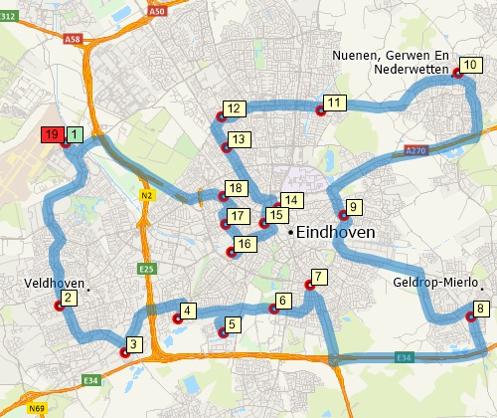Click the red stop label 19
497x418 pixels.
[x=52, y=134]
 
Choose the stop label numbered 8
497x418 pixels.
[x=481, y=309]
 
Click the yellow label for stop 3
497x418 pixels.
[x=135, y=344]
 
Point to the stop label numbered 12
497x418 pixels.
[x=235, y=108]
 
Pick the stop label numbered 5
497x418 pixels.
[x=232, y=323]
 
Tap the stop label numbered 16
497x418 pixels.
[x=244, y=244]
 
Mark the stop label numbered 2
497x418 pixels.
[x=69, y=297]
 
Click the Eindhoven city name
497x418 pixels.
[x=336, y=232]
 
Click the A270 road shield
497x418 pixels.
[x=415, y=151]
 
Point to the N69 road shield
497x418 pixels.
[x=37, y=409]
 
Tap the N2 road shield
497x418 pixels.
[x=145, y=195]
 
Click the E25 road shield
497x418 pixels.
[x=148, y=268]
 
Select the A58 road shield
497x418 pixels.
[x=71, y=40]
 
